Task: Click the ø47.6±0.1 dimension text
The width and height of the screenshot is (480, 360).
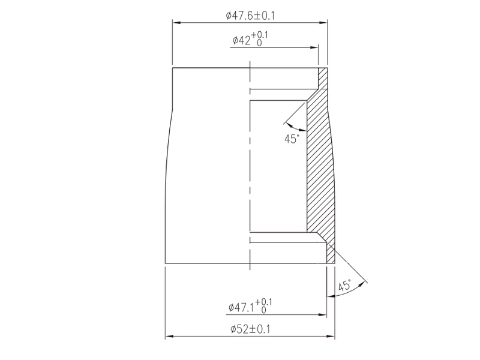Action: click(x=250, y=16)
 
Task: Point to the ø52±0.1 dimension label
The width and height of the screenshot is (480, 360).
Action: click(x=250, y=329)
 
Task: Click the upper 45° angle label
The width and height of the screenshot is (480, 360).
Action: click(x=291, y=139)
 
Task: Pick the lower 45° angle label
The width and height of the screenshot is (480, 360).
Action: click(x=345, y=286)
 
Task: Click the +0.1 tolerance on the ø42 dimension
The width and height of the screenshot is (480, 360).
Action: click(x=260, y=35)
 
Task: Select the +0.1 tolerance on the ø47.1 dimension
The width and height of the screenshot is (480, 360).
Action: click(x=263, y=302)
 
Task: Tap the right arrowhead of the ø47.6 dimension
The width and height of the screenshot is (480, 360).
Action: click(x=323, y=23)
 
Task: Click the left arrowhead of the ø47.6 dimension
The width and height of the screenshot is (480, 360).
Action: click(x=176, y=23)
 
